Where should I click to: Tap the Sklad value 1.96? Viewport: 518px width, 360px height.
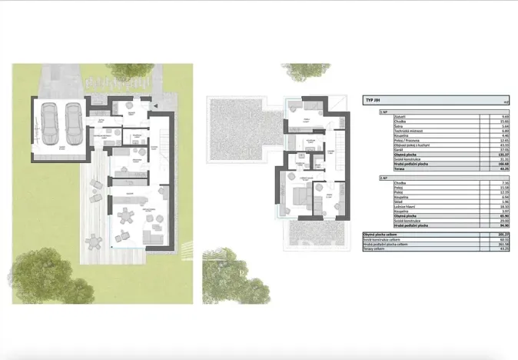click(x=505, y=202)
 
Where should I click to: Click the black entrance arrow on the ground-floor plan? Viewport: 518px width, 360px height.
click(x=154, y=105)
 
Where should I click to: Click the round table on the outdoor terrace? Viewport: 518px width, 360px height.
click(x=96, y=242)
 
